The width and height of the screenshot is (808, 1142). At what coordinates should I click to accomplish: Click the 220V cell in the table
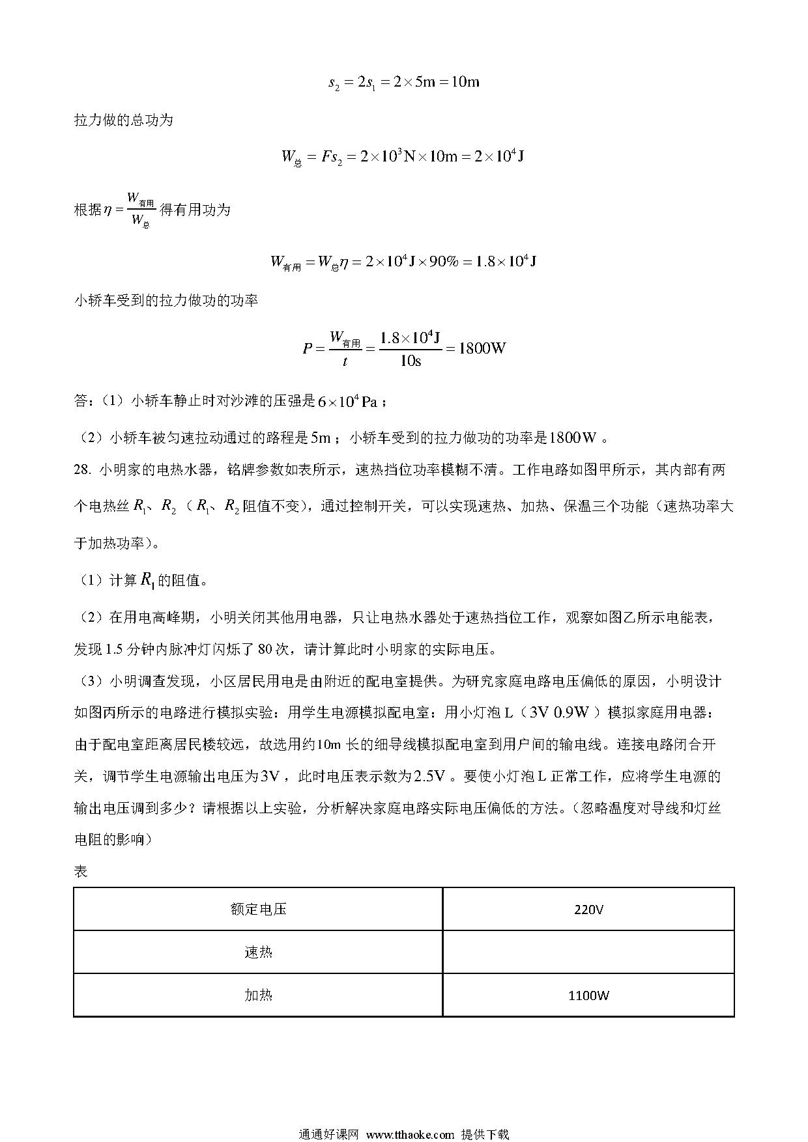[588, 909]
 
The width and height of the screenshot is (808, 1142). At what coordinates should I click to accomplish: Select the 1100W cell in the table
[588, 996]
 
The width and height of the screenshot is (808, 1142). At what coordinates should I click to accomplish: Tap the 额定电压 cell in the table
[258, 909]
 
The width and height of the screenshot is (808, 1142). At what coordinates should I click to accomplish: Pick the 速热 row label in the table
[258, 953]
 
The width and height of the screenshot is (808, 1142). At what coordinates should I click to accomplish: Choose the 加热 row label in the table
[258, 996]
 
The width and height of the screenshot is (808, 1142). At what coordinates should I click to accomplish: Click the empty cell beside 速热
[588, 953]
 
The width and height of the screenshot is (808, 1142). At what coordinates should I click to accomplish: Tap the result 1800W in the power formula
[482, 348]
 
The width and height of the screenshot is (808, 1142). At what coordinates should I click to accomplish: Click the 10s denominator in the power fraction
[410, 361]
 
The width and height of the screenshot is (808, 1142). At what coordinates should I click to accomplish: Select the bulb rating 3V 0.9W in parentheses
[560, 713]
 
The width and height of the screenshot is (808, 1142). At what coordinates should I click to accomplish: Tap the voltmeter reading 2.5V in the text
[429, 777]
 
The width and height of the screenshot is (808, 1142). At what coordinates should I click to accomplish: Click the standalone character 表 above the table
[81, 872]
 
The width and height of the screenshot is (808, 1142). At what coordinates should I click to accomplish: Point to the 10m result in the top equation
[465, 83]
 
